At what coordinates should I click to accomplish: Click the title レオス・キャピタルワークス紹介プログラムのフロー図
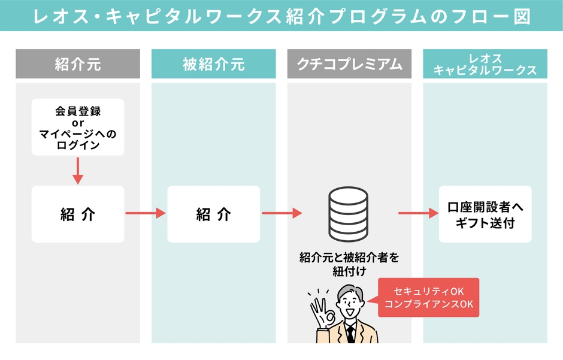pyautogui.click(x=281, y=16)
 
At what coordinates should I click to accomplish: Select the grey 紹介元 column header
pyautogui.click(x=78, y=64)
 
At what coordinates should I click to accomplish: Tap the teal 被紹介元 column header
pyautogui.click(x=214, y=64)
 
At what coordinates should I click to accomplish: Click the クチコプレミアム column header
pyautogui.click(x=350, y=64)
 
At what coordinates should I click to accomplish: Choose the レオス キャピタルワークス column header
pyautogui.click(x=485, y=64)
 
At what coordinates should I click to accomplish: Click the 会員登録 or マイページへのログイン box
pyautogui.click(x=78, y=128)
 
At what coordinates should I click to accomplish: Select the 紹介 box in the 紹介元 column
pyautogui.click(x=78, y=214)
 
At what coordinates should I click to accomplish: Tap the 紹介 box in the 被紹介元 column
pyautogui.click(x=214, y=214)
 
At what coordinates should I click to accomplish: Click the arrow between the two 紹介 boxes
pyautogui.click(x=146, y=213)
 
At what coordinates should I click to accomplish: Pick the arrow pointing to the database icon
pyautogui.click(x=281, y=213)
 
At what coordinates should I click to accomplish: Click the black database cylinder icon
pyautogui.click(x=349, y=213)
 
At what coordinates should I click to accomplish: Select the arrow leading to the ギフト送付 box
pyautogui.click(x=417, y=213)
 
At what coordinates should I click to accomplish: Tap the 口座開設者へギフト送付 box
pyautogui.click(x=485, y=214)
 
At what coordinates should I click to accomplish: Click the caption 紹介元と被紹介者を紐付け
pyautogui.click(x=349, y=264)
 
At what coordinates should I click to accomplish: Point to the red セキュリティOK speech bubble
pyautogui.click(x=429, y=297)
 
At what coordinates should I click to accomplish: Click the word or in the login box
pyautogui.click(x=78, y=123)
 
